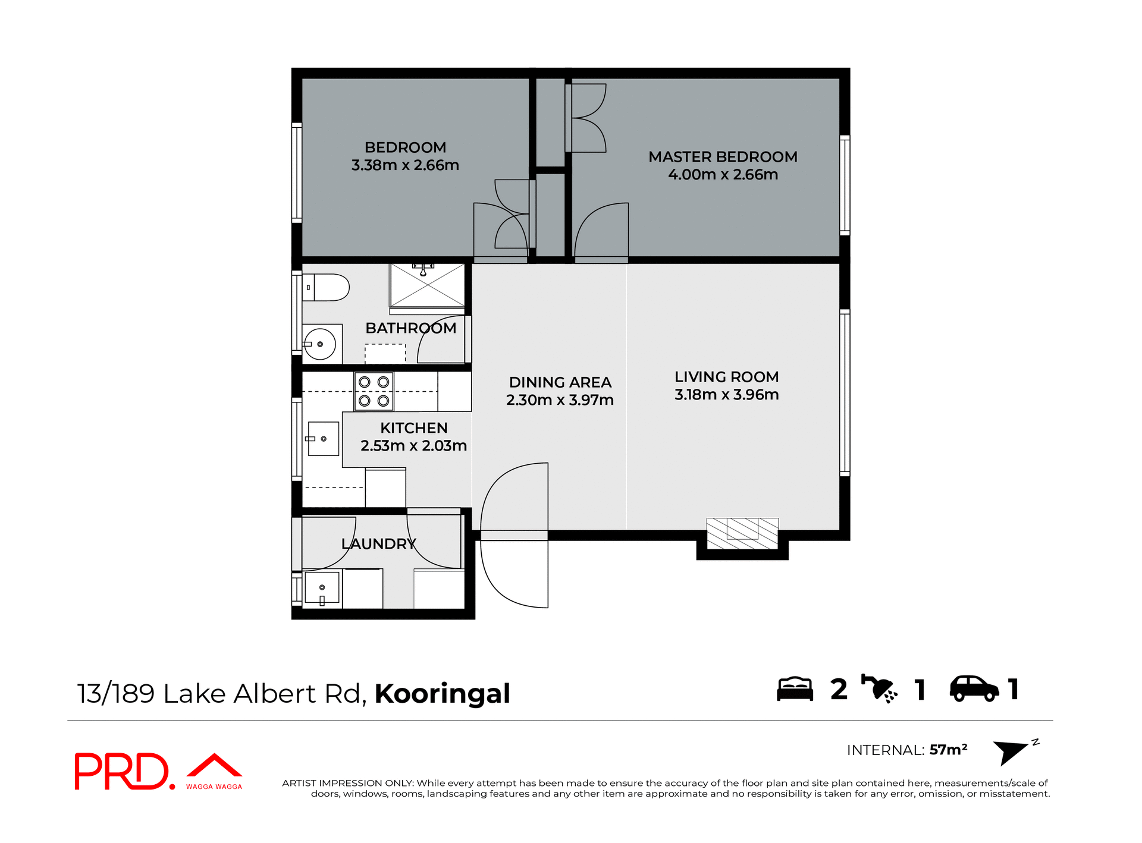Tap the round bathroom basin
(x=320, y=344)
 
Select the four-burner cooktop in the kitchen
(x=374, y=391)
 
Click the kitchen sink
(x=324, y=439)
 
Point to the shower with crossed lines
(x=427, y=285)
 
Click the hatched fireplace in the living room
(x=742, y=533)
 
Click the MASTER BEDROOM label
(x=723, y=157)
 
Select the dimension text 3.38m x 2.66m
(x=405, y=165)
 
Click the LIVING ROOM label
(x=726, y=377)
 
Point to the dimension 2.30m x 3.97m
(x=560, y=400)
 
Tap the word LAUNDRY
(x=379, y=543)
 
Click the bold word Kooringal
(x=442, y=694)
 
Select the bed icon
(x=795, y=690)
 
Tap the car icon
(x=974, y=689)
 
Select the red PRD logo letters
(x=122, y=772)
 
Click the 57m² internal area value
(x=948, y=750)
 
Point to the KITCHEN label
(x=413, y=428)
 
